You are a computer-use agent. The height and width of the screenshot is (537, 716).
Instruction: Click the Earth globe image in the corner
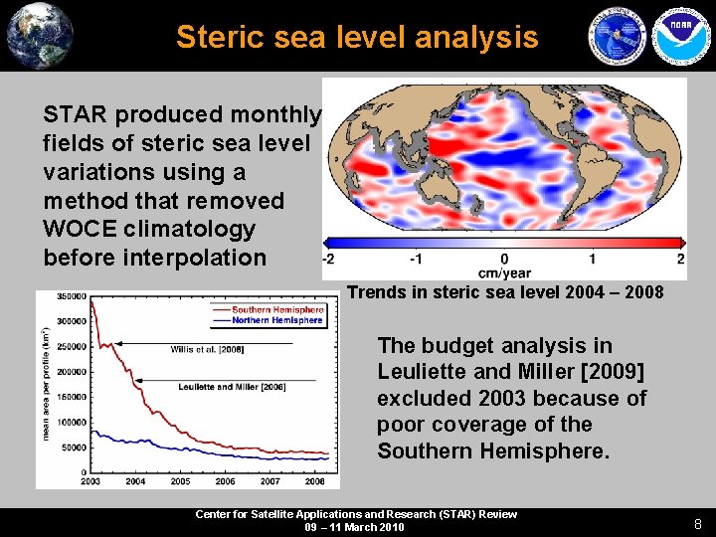40,35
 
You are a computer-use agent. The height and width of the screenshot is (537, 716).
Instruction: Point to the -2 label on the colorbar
327,259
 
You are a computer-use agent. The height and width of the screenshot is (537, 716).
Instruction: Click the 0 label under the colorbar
504,259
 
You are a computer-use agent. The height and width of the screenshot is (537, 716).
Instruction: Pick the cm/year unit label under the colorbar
504,273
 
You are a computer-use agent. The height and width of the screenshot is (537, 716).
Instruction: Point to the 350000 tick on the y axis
71,296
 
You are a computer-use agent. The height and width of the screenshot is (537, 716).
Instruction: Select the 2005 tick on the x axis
180,481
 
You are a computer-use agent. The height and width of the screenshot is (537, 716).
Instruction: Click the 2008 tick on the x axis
315,481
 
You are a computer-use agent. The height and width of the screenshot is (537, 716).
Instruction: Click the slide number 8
698,523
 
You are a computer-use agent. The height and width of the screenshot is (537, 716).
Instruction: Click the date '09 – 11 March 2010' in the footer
355,527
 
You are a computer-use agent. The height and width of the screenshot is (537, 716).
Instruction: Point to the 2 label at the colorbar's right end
680,259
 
